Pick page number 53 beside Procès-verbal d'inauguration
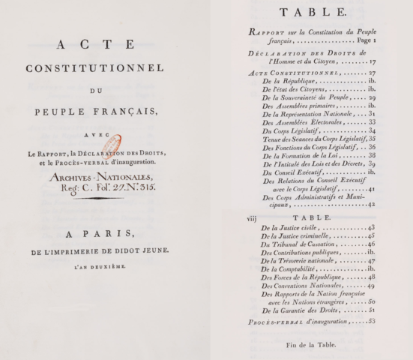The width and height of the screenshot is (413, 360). (x=369, y=321)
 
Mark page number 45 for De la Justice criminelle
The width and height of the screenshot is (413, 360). (x=370, y=235)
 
